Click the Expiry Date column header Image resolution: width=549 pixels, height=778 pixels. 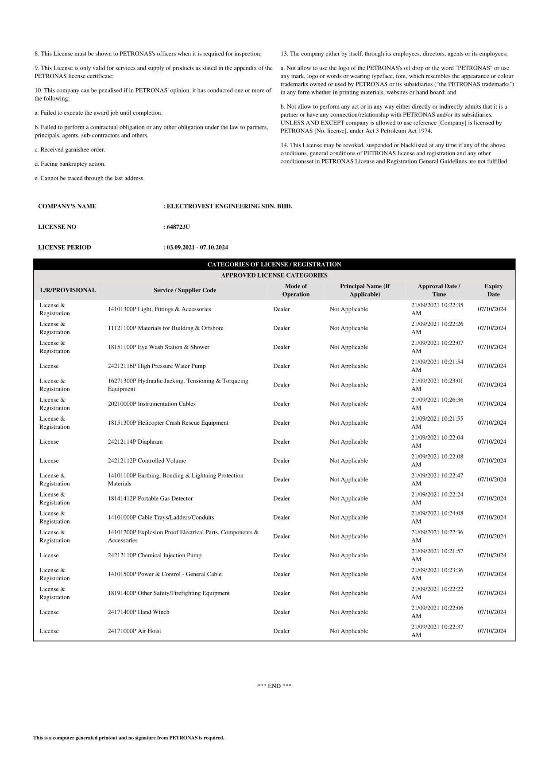(493, 290)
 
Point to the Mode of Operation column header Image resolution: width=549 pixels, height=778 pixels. (296, 290)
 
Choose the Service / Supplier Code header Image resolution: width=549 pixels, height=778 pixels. (185, 290)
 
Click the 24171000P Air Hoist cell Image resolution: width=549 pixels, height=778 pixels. (135, 631)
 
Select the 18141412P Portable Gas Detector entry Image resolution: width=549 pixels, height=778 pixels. (150, 498)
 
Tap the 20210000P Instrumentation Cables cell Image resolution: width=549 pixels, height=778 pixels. (151, 404)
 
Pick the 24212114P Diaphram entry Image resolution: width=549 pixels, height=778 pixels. (135, 442)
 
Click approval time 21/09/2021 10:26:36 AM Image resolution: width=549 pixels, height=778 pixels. (437, 404)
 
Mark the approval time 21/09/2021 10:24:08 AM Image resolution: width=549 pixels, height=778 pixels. (437, 517)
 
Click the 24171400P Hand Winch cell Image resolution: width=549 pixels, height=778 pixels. (139, 612)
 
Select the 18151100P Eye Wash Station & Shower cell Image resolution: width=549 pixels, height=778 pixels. (159, 347)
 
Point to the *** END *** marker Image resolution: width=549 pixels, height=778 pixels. (274, 686)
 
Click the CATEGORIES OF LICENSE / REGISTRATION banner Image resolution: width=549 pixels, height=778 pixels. (274, 265)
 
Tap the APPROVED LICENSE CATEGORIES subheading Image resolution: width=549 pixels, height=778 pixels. (274, 275)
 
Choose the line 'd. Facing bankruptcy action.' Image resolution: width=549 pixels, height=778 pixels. (70, 164)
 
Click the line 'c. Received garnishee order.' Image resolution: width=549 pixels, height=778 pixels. (70, 150)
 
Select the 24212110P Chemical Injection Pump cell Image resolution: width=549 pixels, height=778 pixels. (155, 555)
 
